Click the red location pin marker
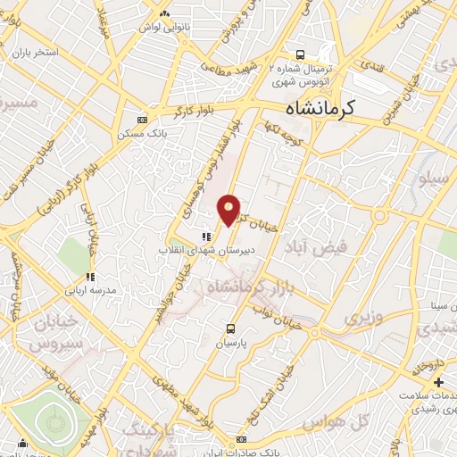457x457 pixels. [229, 210]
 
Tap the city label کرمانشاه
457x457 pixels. [320, 107]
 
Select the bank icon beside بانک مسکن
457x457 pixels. [142, 119]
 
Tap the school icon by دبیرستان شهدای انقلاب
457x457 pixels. [206, 237]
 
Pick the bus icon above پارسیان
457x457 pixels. [231, 328]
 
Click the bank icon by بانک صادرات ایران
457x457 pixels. [240, 443]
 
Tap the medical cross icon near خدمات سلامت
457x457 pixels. [437, 384]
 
